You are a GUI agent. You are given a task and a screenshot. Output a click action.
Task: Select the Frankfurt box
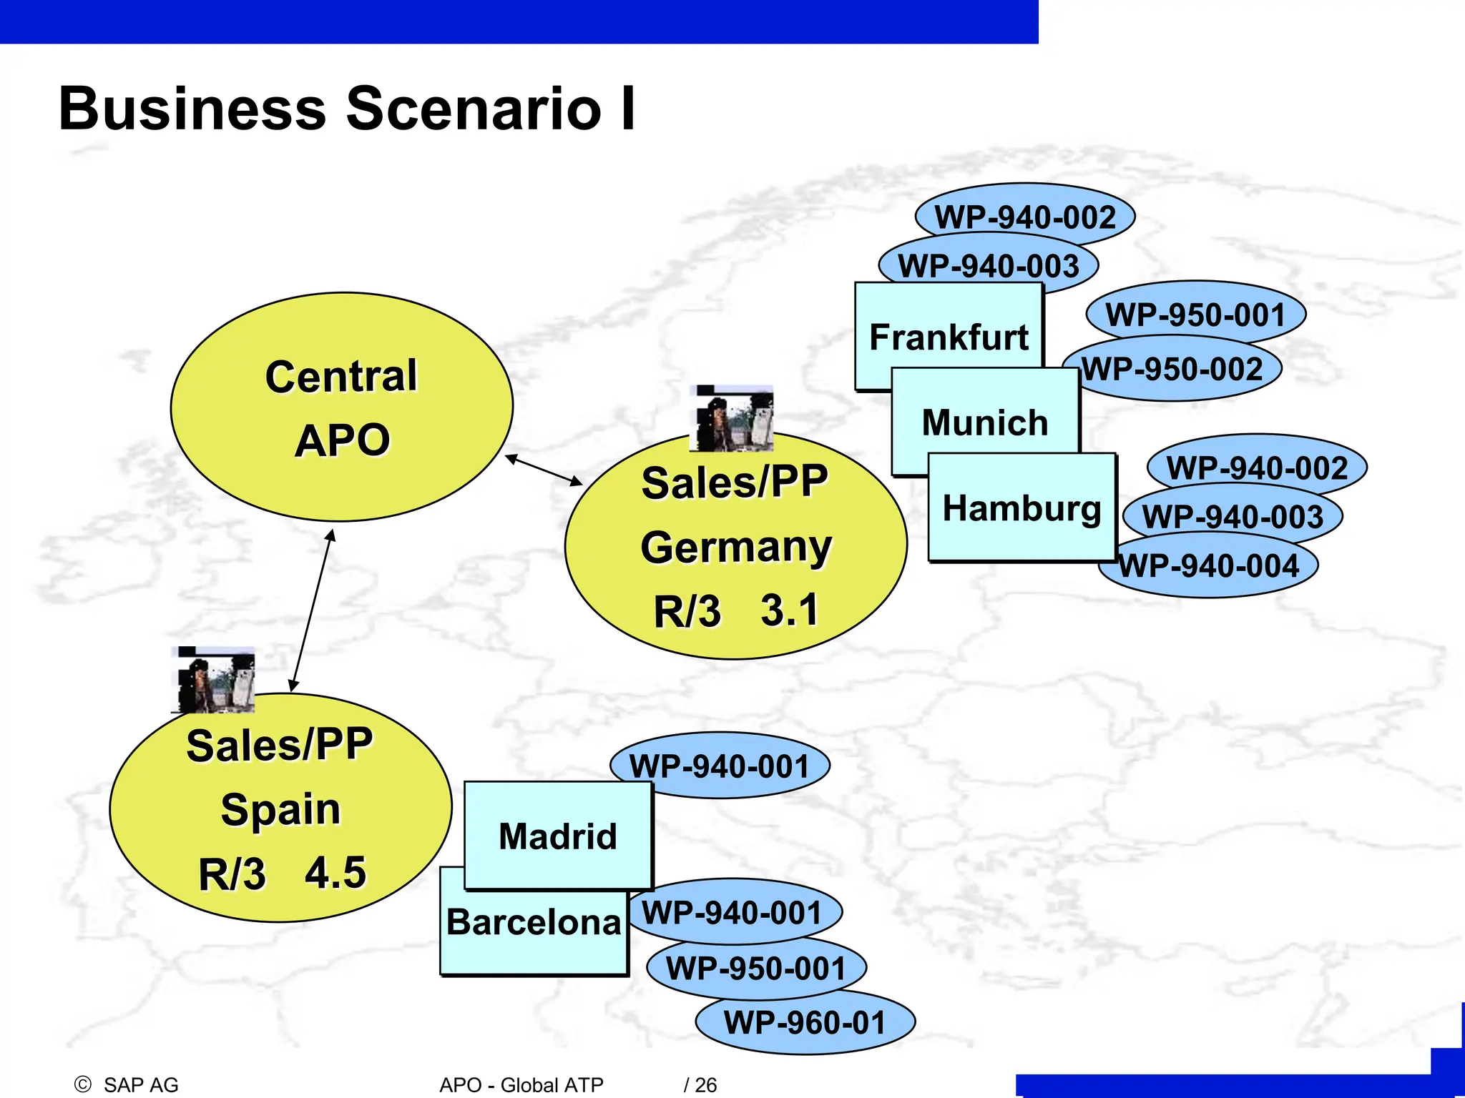click(949, 336)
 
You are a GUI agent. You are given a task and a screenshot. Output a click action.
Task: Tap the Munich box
click(985, 422)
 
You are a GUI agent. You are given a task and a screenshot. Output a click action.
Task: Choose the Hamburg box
click(1021, 508)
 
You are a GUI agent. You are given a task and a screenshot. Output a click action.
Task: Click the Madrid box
click(558, 835)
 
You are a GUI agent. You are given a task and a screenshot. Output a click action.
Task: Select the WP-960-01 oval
click(805, 1022)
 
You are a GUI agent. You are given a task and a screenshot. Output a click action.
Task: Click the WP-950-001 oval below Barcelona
click(756, 969)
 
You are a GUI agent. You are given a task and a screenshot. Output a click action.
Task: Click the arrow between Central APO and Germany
click(544, 470)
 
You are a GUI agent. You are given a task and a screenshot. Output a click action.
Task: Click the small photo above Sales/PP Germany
click(731, 419)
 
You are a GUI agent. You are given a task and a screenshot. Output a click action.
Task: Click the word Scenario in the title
click(474, 109)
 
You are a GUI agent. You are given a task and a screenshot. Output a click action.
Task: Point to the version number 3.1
click(789, 610)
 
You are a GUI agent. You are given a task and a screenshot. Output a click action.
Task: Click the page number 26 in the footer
click(705, 1084)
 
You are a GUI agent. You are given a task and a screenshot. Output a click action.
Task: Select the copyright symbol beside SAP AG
click(83, 1084)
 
